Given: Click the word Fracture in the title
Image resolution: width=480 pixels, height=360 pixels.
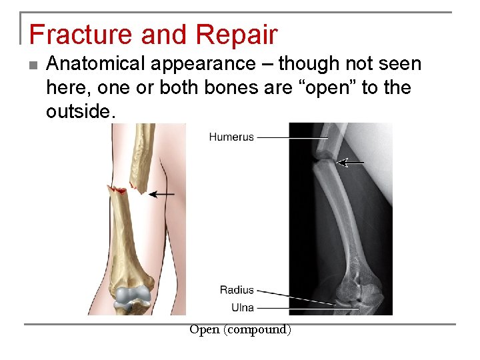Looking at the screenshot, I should pos(73,34).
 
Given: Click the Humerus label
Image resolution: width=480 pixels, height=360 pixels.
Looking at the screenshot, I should pos(231,137).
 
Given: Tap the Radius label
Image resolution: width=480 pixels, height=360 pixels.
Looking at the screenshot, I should pos(237,290).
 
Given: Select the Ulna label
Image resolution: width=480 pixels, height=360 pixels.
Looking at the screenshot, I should pos(242,307).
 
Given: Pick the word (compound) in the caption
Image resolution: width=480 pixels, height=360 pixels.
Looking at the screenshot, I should pos(258,329).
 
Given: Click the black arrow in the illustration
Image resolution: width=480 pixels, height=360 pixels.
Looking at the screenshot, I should pos(161,194).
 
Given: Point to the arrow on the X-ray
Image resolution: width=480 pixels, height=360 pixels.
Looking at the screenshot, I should pos(351,162).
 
